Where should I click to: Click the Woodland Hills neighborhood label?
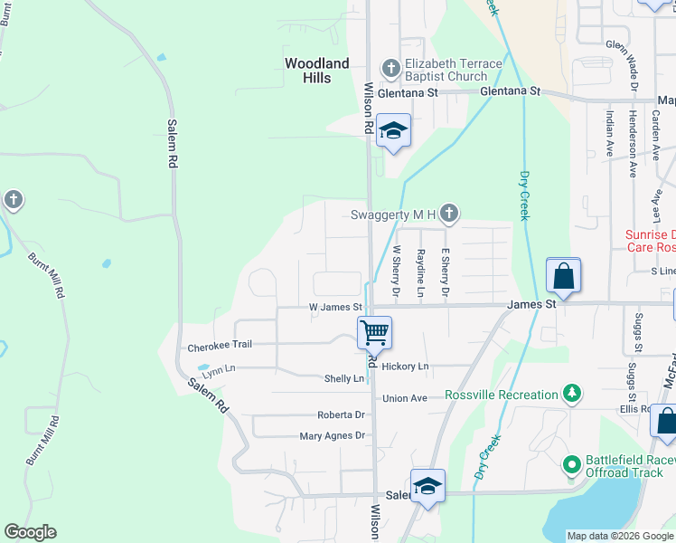[316, 71]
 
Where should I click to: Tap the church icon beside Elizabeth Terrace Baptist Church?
[390, 68]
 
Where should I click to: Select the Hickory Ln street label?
[404, 367]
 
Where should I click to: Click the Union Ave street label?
[404, 398]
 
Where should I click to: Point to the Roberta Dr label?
[340, 414]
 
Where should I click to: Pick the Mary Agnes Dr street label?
[332, 436]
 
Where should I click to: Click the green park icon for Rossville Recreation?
[571, 394]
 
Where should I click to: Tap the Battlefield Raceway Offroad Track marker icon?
[571, 465]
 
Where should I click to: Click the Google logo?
[30, 532]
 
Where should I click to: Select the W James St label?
[334, 308]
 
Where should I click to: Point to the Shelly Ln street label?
[343, 379]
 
